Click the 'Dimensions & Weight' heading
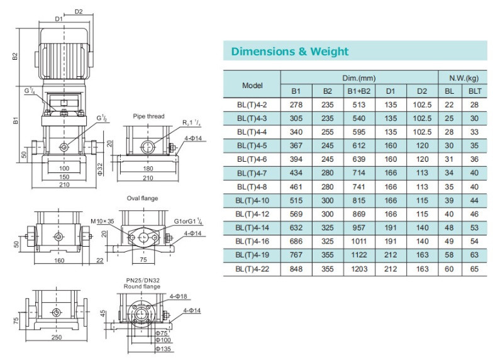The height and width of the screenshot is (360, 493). click(x=289, y=52)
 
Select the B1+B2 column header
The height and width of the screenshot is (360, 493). click(x=358, y=91)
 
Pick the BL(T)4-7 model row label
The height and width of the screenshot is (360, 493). click(x=252, y=173)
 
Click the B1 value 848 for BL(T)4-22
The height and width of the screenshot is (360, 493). click(x=296, y=269)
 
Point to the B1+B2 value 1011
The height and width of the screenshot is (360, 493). click(x=358, y=242)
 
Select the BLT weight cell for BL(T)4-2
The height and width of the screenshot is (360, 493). click(x=474, y=104)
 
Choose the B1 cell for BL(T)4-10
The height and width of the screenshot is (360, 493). click(x=296, y=200)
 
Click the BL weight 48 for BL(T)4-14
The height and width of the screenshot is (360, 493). click(x=449, y=228)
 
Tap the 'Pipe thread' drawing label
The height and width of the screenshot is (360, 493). click(x=148, y=116)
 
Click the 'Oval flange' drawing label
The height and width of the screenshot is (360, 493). click(x=142, y=198)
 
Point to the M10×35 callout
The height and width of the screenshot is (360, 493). click(x=102, y=222)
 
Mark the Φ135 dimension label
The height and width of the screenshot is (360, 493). click(x=163, y=349)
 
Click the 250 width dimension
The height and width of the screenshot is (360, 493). click(x=57, y=337)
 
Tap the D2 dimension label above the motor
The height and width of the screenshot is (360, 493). click(x=79, y=11)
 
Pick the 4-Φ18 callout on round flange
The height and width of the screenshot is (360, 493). click(x=179, y=296)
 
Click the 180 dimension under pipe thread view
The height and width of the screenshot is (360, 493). click(x=148, y=169)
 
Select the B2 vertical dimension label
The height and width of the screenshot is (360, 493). click(x=15, y=57)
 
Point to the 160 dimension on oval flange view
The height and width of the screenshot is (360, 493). click(x=59, y=261)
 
